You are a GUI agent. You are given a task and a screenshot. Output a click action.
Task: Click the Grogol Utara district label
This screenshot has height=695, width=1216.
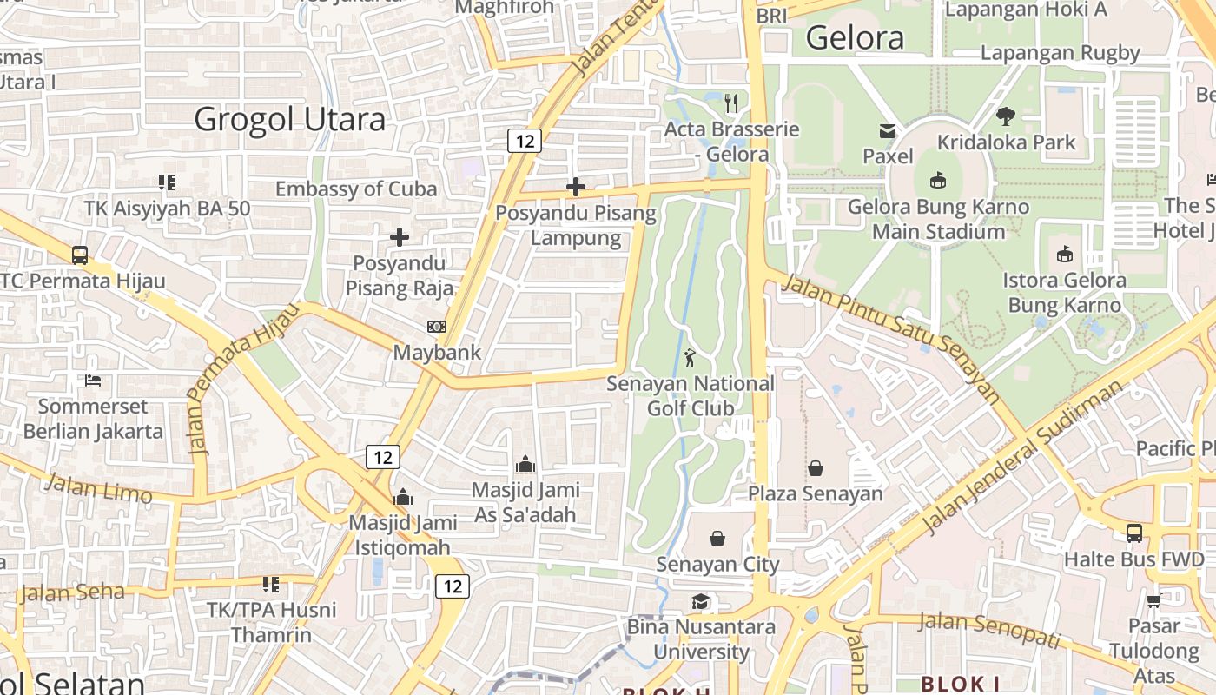(289, 119)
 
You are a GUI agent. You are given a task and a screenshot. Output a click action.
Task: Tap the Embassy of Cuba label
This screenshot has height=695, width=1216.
(356, 189)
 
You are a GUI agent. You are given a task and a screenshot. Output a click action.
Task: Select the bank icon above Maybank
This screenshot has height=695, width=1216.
(437, 327)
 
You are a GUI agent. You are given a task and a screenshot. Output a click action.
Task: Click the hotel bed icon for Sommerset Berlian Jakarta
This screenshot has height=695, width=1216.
(93, 381)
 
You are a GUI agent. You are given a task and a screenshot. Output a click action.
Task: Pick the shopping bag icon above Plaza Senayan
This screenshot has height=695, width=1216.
(816, 469)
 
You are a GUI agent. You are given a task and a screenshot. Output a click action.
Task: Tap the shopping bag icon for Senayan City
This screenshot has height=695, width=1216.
(717, 539)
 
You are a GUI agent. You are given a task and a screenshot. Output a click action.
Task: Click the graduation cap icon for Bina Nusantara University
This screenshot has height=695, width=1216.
(700, 602)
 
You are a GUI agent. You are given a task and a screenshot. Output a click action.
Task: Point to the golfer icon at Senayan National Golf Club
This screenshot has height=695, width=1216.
(690, 357)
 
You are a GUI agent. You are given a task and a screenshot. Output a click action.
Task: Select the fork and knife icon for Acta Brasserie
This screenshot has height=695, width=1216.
(731, 103)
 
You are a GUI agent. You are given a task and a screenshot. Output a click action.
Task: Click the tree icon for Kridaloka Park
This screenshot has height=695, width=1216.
(1006, 116)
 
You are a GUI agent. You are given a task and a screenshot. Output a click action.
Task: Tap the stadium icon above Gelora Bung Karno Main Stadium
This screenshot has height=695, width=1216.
(937, 181)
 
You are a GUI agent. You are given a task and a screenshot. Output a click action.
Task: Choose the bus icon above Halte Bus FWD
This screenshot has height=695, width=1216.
(1133, 533)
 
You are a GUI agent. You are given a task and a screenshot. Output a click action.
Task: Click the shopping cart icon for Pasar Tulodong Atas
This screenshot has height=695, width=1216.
(1153, 600)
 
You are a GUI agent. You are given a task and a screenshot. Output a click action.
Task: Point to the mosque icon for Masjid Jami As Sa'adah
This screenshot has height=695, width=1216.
(525, 464)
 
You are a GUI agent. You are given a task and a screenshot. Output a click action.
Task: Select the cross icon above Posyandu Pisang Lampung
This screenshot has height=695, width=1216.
(575, 187)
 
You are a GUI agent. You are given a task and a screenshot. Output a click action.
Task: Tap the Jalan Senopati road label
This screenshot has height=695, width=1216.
(988, 629)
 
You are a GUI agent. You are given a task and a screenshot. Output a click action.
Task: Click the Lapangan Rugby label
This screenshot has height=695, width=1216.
(1060, 53)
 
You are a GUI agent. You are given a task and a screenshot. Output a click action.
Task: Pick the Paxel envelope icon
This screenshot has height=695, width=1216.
(888, 131)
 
